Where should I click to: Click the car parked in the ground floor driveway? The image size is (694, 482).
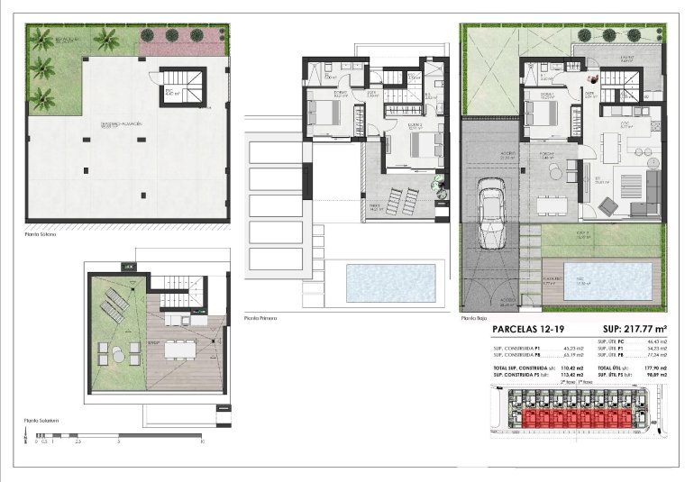[493, 214]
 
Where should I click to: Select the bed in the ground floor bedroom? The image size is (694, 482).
[541, 114]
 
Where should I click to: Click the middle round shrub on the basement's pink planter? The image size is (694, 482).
[170, 36]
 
